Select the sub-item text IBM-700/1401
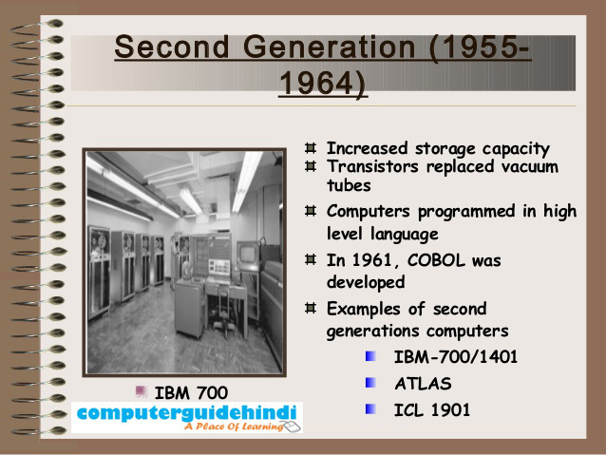(456, 358)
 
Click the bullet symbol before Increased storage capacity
(311, 149)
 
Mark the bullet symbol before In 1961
(311, 259)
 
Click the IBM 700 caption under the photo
(190, 391)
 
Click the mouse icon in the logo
(292, 427)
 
